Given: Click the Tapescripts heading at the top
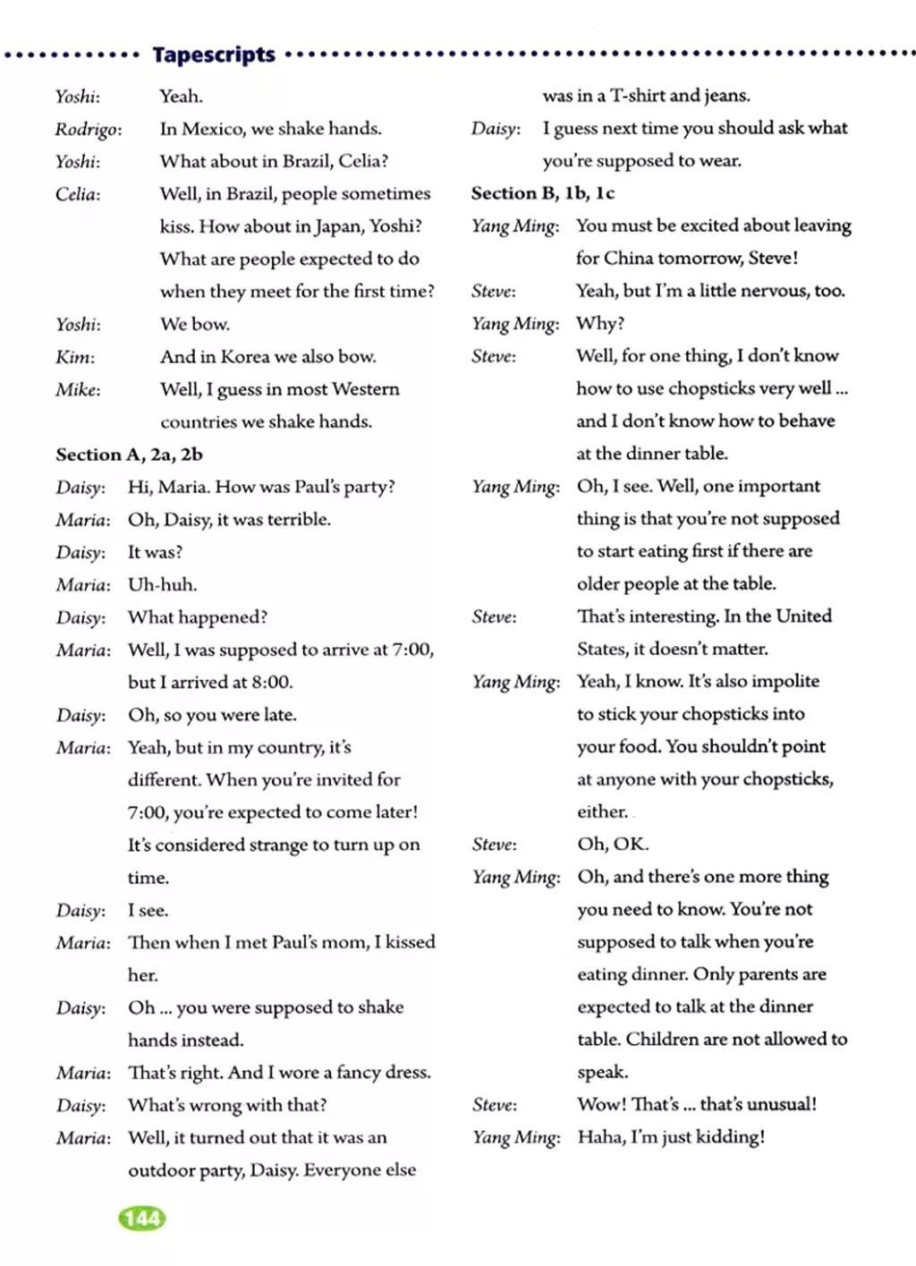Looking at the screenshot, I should (214, 55).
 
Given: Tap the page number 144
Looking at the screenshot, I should (142, 1218).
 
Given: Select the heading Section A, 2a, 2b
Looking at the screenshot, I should (129, 455).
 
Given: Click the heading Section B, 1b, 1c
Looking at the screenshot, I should (543, 193).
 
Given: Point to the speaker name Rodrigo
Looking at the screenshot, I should (88, 130).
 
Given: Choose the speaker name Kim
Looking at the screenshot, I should (74, 357).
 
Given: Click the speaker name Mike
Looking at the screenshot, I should (78, 390).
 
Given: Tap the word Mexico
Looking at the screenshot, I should (213, 129).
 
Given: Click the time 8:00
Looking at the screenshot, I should (271, 683).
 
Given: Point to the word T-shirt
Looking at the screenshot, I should (637, 96).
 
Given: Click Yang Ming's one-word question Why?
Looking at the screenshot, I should (600, 323).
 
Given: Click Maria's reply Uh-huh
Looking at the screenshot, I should (162, 585).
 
